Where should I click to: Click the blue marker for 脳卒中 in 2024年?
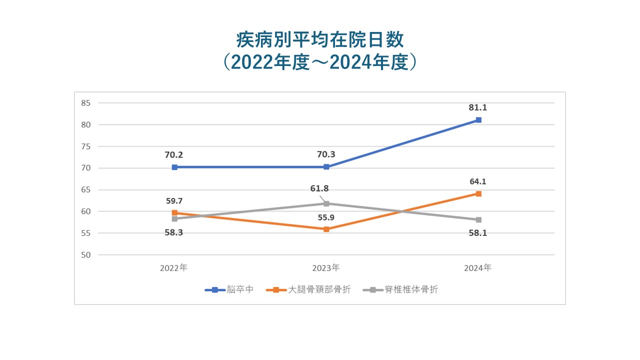(x=478, y=120)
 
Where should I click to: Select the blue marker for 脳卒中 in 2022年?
(x=174, y=167)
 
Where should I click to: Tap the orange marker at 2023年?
(x=326, y=229)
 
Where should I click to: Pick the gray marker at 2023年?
(x=326, y=203)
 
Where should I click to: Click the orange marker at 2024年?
(x=478, y=193)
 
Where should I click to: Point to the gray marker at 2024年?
(x=478, y=219)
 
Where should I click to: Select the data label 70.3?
(x=326, y=154)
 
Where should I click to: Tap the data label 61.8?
(x=319, y=188)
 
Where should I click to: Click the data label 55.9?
(x=326, y=217)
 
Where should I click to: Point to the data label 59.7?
(x=174, y=201)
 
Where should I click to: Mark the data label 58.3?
(x=174, y=232)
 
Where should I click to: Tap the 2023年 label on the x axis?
(x=326, y=268)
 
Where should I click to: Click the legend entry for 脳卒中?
(x=229, y=289)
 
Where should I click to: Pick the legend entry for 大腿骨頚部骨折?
(x=308, y=289)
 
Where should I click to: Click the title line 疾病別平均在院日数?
(x=319, y=40)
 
